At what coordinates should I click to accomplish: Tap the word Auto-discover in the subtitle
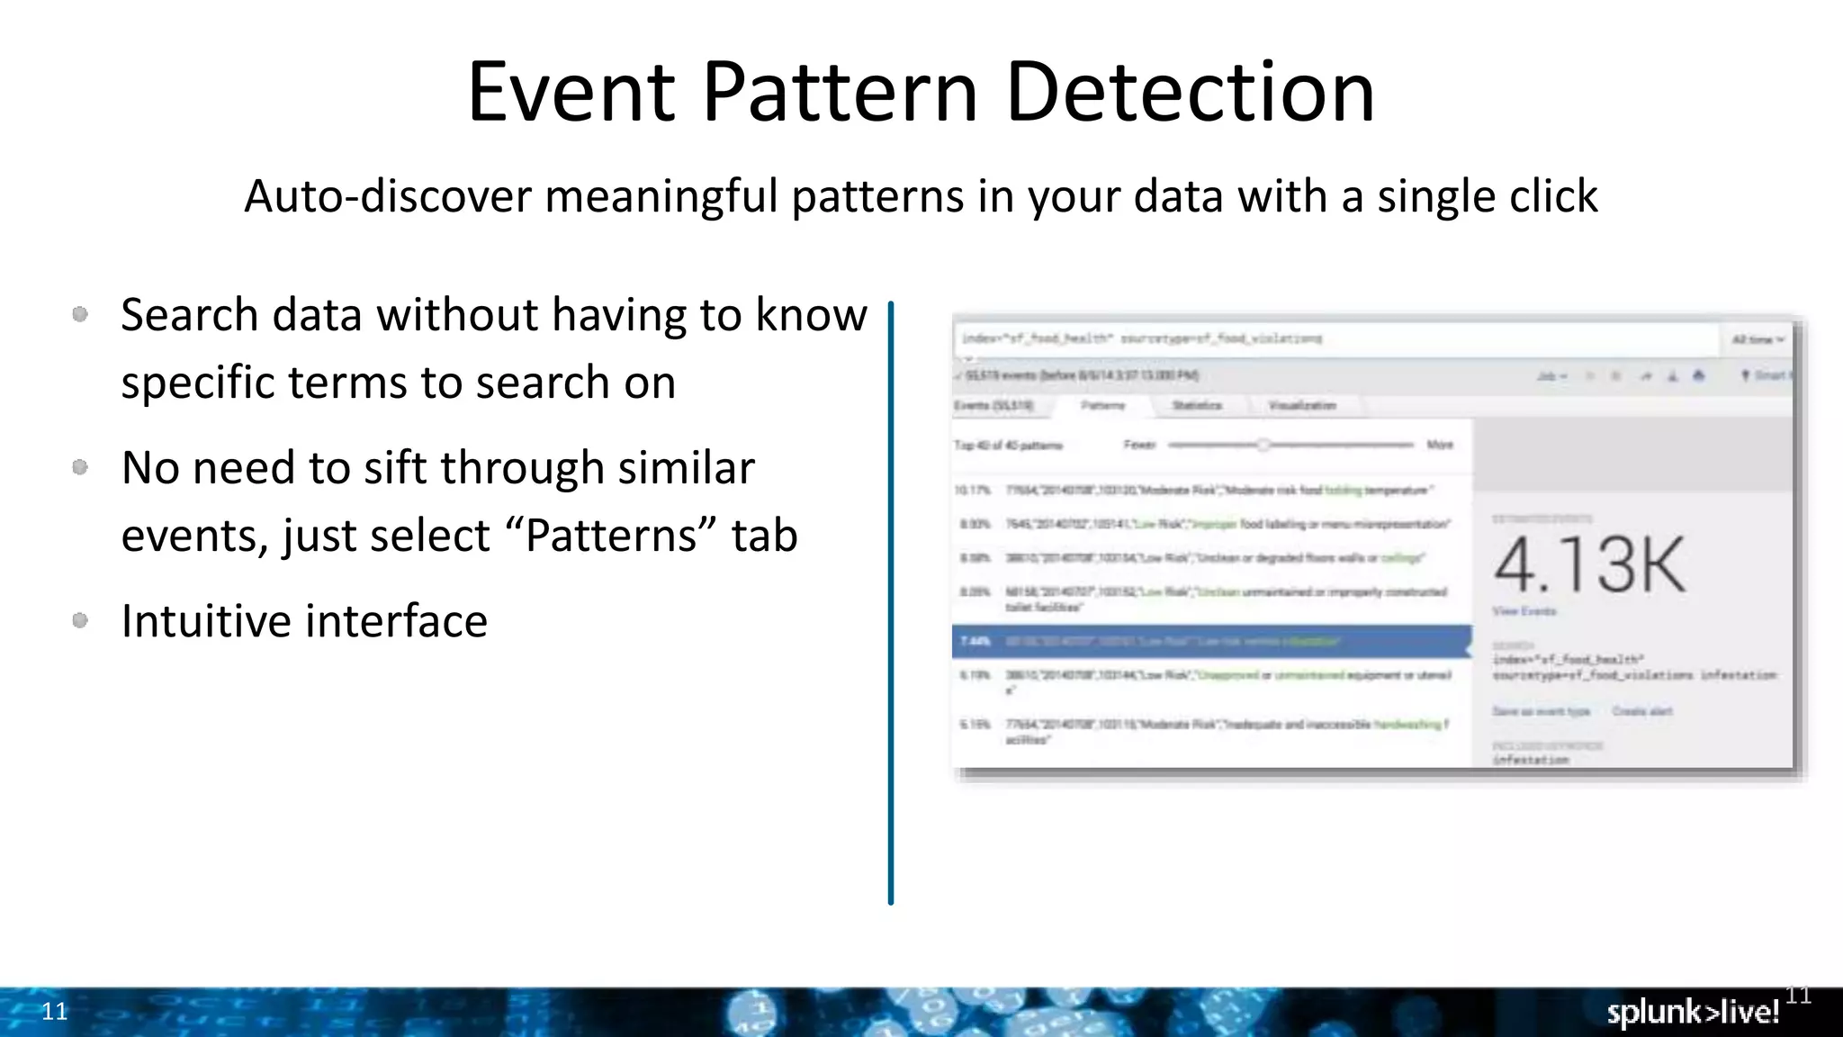click(x=388, y=196)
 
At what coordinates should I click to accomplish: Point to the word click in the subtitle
click(x=1553, y=196)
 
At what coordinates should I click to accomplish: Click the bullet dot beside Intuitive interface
click(x=80, y=620)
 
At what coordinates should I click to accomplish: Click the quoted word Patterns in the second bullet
click(x=612, y=535)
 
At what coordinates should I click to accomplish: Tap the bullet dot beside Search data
click(x=80, y=314)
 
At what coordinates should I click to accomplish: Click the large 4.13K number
click(x=1589, y=564)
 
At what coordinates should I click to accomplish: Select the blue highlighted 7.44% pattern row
click(x=1211, y=641)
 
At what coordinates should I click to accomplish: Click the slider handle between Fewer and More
click(x=1263, y=445)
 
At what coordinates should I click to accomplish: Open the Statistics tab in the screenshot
click(x=1197, y=406)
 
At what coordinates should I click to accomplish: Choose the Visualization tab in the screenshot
click(x=1302, y=406)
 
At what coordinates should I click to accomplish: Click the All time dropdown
click(x=1758, y=339)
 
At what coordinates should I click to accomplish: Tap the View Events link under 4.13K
click(x=1524, y=611)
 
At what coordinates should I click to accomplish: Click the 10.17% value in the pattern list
click(x=972, y=491)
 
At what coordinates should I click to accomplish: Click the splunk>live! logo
click(x=1693, y=1012)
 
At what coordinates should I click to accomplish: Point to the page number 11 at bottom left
click(x=55, y=1011)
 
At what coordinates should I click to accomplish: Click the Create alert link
click(x=1642, y=711)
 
